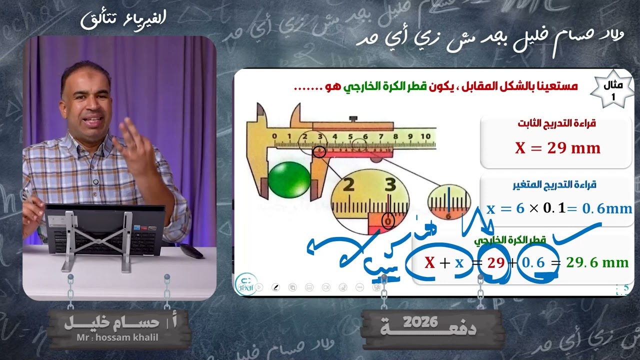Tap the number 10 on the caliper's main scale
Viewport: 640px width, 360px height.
[x=425, y=136]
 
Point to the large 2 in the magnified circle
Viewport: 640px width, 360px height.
[x=349, y=186]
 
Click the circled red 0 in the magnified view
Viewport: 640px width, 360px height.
[x=387, y=220]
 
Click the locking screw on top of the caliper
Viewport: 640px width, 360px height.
[x=354, y=118]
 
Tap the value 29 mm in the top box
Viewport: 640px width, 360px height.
[x=557, y=148]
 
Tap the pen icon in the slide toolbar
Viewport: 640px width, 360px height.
[x=275, y=287]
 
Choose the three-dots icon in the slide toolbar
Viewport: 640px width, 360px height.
[x=359, y=287]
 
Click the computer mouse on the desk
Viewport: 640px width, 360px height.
[x=192, y=250]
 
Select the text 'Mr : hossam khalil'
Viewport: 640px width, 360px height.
[x=118, y=337]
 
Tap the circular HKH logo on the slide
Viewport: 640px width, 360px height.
[x=245, y=284]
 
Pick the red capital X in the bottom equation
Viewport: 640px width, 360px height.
[x=429, y=262]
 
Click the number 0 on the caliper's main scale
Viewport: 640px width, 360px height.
[x=274, y=136]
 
